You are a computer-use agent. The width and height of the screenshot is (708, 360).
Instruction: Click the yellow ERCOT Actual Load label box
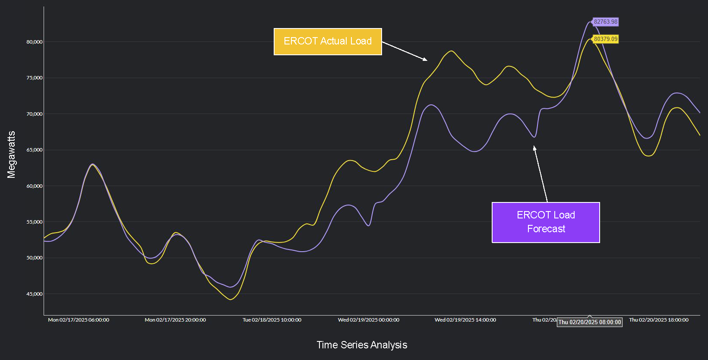click(x=328, y=41)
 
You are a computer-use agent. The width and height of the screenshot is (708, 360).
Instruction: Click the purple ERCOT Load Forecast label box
click(x=546, y=222)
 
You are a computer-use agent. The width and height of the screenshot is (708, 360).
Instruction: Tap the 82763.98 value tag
click(x=605, y=22)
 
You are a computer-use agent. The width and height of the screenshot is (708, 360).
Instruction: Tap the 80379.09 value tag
click(x=605, y=39)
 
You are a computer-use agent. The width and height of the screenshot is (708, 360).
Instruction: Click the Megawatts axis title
click(x=11, y=155)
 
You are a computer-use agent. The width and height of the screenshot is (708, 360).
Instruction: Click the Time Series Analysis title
click(x=362, y=345)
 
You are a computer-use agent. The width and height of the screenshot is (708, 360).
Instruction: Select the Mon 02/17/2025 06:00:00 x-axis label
click(x=79, y=320)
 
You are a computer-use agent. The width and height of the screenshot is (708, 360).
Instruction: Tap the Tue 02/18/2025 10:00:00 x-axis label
click(x=272, y=320)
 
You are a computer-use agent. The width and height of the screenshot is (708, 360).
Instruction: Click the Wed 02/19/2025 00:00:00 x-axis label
click(x=369, y=320)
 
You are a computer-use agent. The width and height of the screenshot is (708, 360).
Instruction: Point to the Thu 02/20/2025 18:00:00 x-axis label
click(x=659, y=320)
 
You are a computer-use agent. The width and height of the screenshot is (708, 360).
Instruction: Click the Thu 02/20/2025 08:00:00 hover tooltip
click(x=590, y=322)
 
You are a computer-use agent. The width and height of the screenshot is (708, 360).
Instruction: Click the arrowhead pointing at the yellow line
click(x=425, y=60)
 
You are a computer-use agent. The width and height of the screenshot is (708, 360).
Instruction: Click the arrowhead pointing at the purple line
click(x=534, y=148)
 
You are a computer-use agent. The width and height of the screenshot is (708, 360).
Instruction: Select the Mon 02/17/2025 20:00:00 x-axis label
click(x=175, y=320)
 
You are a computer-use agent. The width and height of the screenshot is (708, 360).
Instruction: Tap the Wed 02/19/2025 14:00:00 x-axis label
click(x=465, y=320)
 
